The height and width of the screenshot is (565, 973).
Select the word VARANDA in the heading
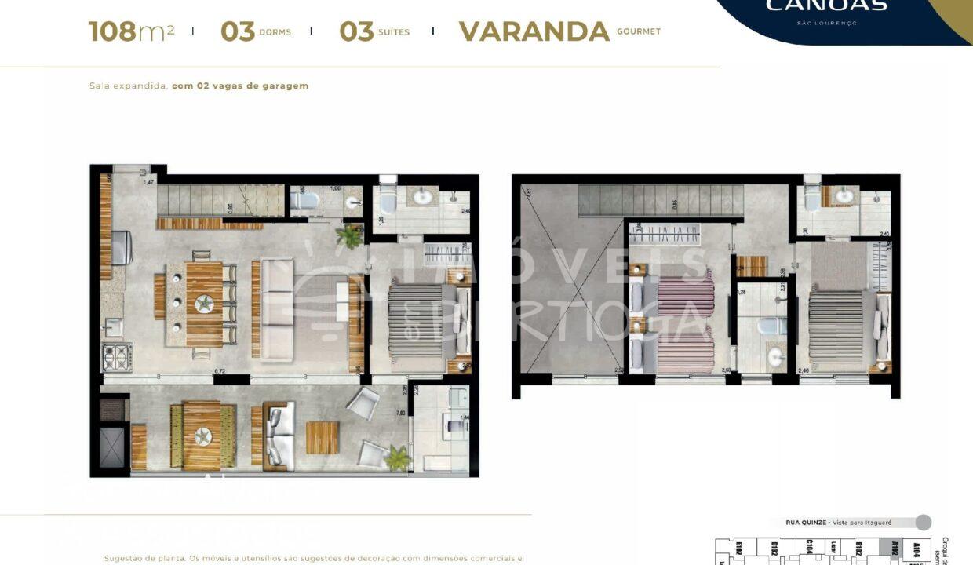534,31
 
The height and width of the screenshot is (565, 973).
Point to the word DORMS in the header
275,32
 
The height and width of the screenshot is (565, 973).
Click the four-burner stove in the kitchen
117,357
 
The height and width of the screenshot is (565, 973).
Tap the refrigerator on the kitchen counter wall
122,247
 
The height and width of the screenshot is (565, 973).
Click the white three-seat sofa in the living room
276,309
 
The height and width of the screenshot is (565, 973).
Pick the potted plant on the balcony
398,457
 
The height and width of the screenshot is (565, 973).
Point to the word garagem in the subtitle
283,86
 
